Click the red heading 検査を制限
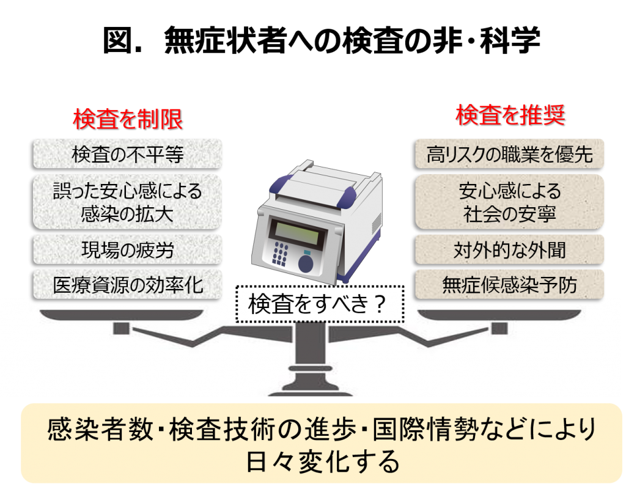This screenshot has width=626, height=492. pyautogui.click(x=128, y=119)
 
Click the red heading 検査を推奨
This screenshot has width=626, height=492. pyautogui.click(x=510, y=115)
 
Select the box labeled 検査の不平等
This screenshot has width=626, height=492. pyautogui.click(x=127, y=154)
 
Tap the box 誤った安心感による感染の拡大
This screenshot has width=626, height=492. pyautogui.click(x=127, y=202)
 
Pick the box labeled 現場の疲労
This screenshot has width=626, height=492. pyautogui.click(x=127, y=250)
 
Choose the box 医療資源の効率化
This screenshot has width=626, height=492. pyautogui.click(x=127, y=285)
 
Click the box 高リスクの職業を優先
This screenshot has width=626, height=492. pyautogui.click(x=509, y=154)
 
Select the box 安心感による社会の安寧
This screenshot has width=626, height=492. pyautogui.click(x=509, y=202)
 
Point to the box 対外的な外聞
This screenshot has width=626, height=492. pyautogui.click(x=509, y=250)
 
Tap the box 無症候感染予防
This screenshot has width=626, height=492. pyautogui.click(x=509, y=285)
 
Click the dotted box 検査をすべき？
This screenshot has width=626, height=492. pyautogui.click(x=319, y=304)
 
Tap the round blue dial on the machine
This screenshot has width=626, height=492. pyautogui.click(x=306, y=263)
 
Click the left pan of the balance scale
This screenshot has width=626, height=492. pyautogui.click(x=122, y=314)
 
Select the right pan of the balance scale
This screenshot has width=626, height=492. pyautogui.click(x=499, y=314)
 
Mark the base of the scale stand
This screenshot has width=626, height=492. pyautogui.click(x=310, y=389)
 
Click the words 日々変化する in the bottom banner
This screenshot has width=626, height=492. pyautogui.click(x=322, y=461)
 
